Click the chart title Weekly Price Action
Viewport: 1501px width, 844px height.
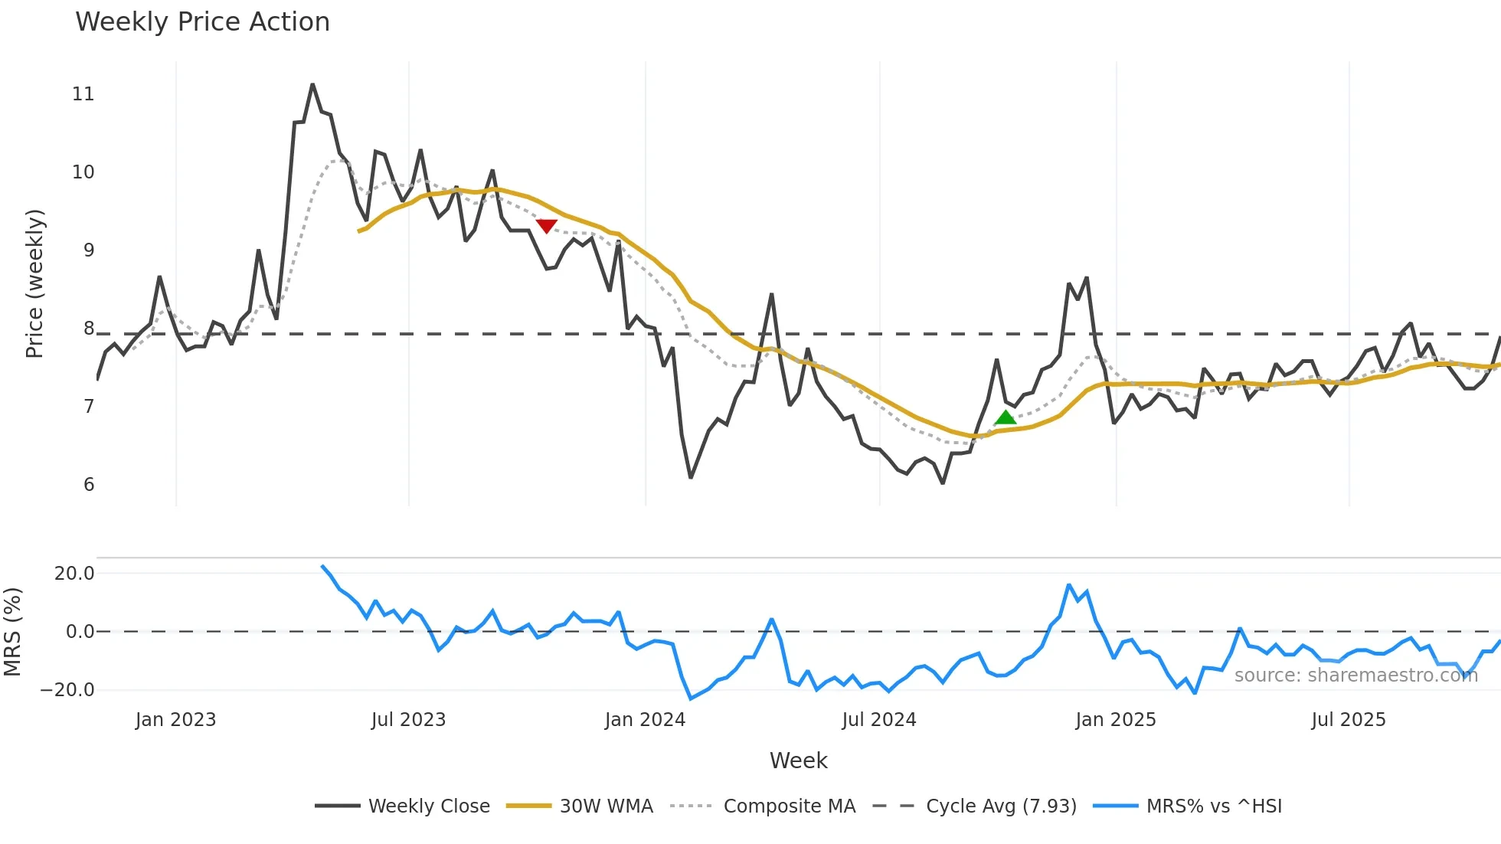202,22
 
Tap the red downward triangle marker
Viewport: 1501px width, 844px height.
546,225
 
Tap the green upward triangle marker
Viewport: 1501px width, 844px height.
1006,417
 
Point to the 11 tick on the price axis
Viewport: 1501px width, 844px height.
83,94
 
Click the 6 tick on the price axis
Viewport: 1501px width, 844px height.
89,485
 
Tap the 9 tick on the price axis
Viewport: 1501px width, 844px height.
89,250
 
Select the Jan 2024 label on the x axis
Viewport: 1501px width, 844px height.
645,720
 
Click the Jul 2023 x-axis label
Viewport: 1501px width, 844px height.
408,720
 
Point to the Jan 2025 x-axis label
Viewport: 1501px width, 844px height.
1115,720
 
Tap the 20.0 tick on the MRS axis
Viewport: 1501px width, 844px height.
74,574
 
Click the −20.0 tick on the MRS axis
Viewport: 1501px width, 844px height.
67,690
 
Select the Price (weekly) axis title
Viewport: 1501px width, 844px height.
35,283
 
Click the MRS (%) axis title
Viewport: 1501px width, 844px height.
12,632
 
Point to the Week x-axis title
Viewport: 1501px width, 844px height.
798,761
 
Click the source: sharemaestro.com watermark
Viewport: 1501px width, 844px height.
1355,676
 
